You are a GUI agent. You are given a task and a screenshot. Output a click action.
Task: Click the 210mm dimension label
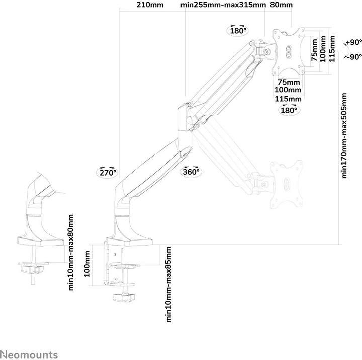(150, 6)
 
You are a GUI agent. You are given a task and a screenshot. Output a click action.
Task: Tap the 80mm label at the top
(281, 6)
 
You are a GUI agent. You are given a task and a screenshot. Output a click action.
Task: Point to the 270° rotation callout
(107, 172)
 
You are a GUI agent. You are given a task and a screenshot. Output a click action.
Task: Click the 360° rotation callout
(191, 172)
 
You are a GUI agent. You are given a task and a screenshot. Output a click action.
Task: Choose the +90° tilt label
(354, 43)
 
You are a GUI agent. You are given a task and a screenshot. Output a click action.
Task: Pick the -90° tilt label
(354, 56)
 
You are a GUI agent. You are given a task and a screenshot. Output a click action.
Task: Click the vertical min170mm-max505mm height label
(345, 135)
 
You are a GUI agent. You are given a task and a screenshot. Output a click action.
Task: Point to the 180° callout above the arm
(237, 31)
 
